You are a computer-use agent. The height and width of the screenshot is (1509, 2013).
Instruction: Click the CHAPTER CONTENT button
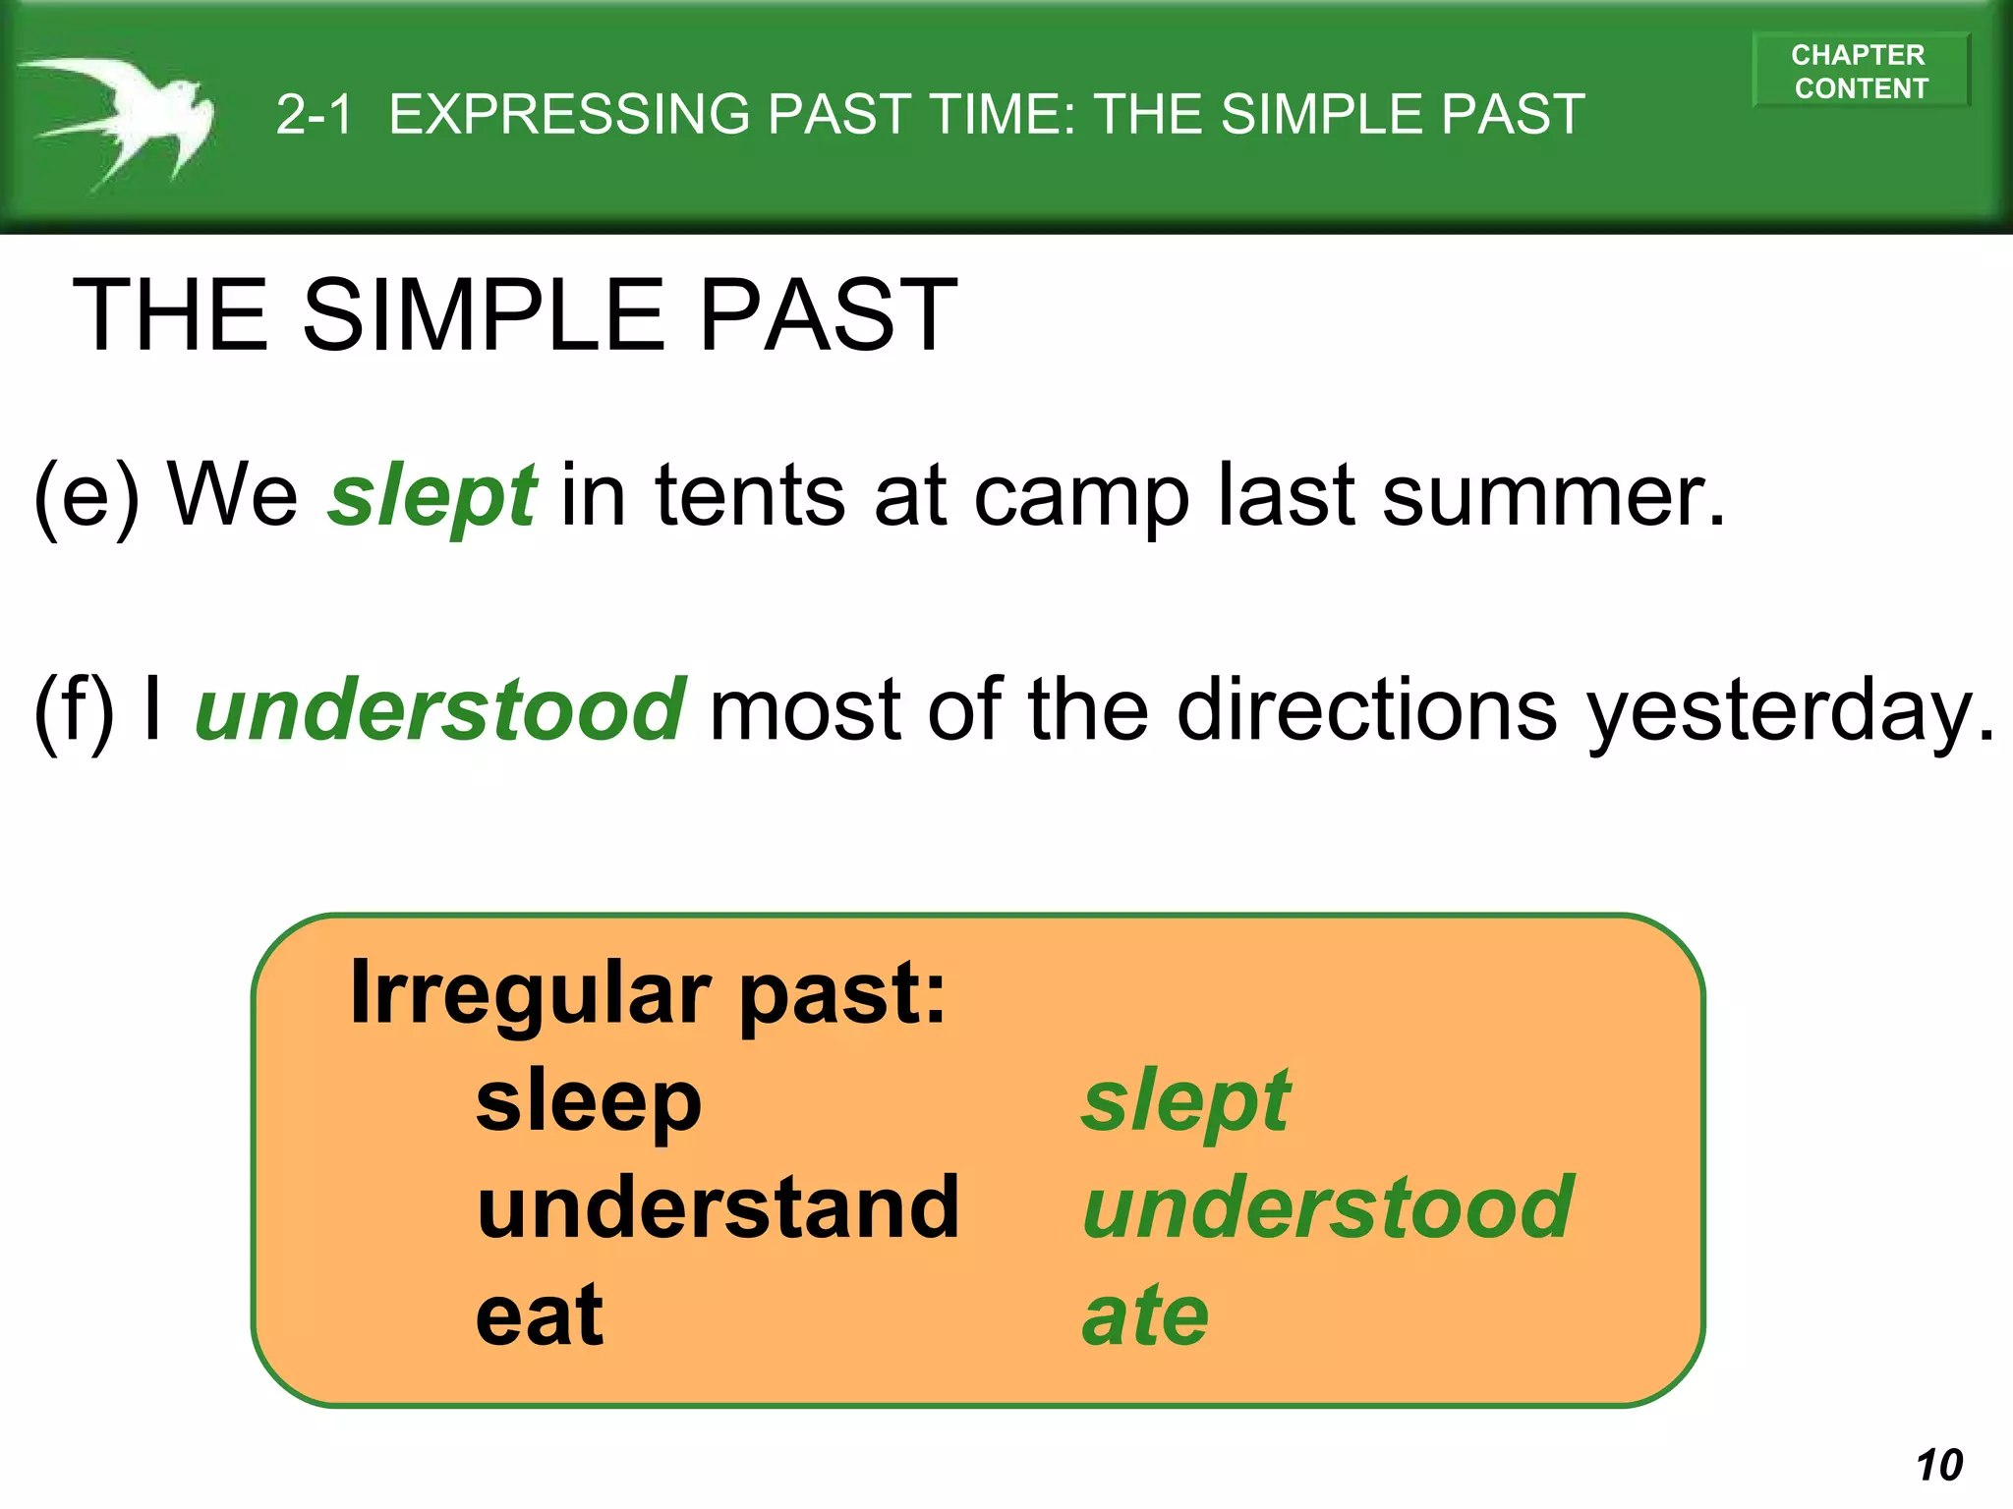(1860, 71)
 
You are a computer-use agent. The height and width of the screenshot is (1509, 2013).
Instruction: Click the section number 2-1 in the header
(314, 114)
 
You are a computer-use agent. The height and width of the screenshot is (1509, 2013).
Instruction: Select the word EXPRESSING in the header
(569, 114)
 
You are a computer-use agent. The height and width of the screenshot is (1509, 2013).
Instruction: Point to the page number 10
(1938, 1465)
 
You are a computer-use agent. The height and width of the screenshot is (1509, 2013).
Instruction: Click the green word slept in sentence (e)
(432, 496)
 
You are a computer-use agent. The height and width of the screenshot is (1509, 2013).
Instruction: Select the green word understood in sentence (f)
(440, 708)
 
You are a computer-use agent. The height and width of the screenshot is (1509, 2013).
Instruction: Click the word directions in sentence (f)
(1366, 708)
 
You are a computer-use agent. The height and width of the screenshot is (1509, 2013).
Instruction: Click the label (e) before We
(86, 496)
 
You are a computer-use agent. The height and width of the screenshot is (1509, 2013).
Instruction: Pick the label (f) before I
(75, 710)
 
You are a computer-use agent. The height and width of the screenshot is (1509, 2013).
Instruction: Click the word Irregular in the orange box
(531, 993)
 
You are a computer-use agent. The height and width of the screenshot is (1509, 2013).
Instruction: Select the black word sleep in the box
(588, 1103)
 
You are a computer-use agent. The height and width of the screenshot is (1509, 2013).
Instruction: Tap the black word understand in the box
(718, 1207)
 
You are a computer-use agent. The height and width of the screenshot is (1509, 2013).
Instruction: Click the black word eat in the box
(539, 1315)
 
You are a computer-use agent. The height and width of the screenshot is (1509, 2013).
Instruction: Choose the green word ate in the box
(1145, 1315)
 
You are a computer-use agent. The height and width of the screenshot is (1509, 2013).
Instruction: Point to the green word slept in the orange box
(1185, 1103)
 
